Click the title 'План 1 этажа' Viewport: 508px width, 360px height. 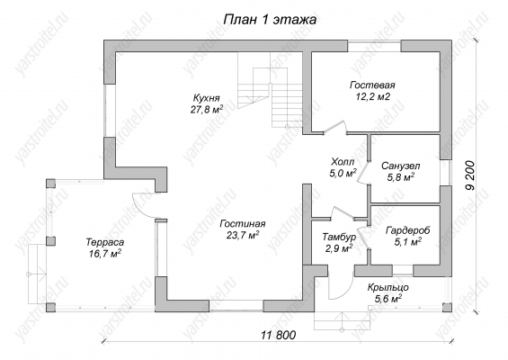click(x=270, y=20)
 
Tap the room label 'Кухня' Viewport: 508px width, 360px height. click(x=207, y=98)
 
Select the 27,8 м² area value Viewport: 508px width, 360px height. click(x=207, y=109)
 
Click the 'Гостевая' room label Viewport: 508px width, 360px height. click(x=372, y=85)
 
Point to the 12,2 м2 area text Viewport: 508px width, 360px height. click(x=372, y=96)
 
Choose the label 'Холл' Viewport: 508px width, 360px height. click(x=343, y=161)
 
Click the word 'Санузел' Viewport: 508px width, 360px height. click(x=400, y=166)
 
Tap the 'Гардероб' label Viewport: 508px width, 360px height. click(x=408, y=230)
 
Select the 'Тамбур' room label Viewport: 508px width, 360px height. click(x=339, y=237)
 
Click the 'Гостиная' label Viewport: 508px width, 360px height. click(x=243, y=224)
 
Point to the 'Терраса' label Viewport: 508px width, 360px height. click(x=105, y=242)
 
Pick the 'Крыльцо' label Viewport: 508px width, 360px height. click(x=388, y=288)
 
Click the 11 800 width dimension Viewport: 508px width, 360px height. click(x=279, y=335)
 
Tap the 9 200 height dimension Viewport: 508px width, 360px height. click(x=471, y=175)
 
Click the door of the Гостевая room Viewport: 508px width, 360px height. click(x=335, y=127)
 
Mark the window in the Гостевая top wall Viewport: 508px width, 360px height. click(x=374, y=46)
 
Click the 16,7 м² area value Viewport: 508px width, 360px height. click(x=105, y=253)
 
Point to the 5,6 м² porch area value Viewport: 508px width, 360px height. click(x=388, y=299)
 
